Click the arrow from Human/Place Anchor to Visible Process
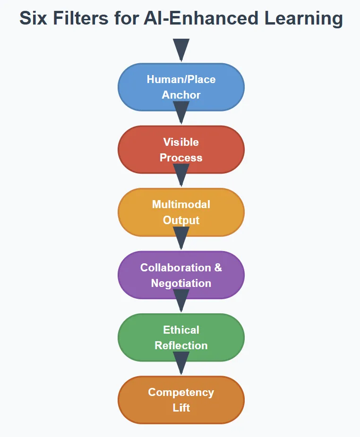[x=181, y=113]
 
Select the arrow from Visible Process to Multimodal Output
[x=181, y=176]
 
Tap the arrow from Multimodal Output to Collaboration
[x=181, y=238]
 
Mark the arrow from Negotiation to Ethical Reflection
[x=181, y=301]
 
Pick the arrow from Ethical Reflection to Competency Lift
[x=181, y=363]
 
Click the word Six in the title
[x=34, y=18]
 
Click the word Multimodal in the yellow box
[x=181, y=204]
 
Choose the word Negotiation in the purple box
[x=181, y=283]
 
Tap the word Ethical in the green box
[x=181, y=330]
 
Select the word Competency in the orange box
[x=181, y=392]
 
